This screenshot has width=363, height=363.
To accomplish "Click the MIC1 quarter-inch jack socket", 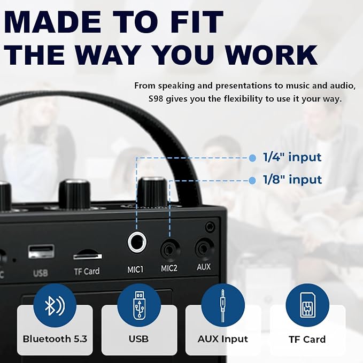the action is click(x=137, y=243).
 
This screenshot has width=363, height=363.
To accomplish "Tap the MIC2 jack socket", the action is click(x=170, y=251).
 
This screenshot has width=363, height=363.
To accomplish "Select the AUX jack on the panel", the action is click(x=204, y=249).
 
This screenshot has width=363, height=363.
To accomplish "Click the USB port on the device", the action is click(x=41, y=251).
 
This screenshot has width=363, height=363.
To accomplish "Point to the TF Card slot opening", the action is click(x=88, y=256).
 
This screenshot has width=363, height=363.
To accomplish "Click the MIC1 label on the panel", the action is click(x=135, y=269).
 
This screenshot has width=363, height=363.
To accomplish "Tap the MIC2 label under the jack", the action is click(x=169, y=268).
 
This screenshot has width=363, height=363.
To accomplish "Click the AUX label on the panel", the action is click(x=204, y=267).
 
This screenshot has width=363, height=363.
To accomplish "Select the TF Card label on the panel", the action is click(x=87, y=272).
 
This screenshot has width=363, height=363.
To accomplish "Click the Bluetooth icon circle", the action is click(x=55, y=306).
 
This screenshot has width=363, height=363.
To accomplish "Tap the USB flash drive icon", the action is click(x=138, y=305).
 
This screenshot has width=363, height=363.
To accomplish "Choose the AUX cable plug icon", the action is click(x=222, y=306).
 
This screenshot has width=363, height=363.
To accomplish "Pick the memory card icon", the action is click(x=307, y=305).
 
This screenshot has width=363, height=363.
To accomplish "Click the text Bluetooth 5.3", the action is click(x=55, y=339).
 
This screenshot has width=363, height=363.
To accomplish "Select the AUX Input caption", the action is click(x=223, y=339).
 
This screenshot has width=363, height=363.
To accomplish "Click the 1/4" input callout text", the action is click(x=292, y=157).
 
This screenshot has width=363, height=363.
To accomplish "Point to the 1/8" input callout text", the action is click(x=292, y=180).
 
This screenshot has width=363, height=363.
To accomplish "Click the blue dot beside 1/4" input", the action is click(x=252, y=158).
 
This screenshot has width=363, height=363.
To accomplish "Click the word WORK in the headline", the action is click(x=272, y=54).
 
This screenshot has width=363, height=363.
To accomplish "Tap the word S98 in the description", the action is click(x=156, y=99).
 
